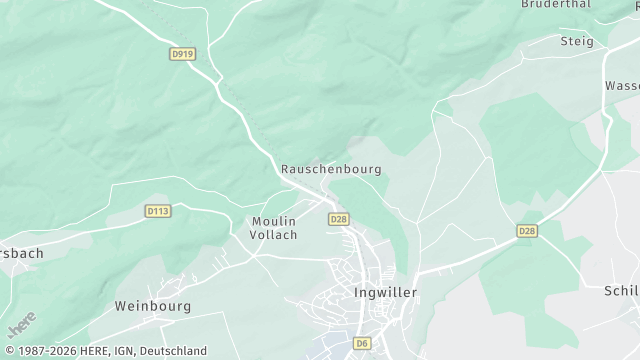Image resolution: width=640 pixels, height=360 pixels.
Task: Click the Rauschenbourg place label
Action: tap(331, 170)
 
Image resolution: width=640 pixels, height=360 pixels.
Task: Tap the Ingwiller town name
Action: tap(385, 293)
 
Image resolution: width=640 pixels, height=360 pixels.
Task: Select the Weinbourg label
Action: tap(153, 305)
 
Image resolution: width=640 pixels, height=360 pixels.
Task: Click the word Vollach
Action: tap(274, 234)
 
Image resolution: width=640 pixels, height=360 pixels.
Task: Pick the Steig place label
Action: tap(577, 41)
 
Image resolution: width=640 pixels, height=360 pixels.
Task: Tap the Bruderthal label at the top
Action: tap(555, 4)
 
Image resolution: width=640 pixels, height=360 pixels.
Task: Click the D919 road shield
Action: tap(181, 54)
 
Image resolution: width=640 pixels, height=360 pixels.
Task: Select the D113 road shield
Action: tap(158, 211)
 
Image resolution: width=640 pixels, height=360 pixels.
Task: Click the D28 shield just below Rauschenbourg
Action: tap(338, 219)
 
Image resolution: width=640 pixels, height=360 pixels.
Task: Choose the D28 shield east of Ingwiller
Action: tap(527, 231)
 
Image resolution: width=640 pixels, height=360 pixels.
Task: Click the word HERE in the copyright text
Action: tap(92, 351)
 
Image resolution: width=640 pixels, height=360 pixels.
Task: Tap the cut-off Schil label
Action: tap(621, 290)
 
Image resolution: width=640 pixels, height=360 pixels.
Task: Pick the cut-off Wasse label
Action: tap(622, 86)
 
